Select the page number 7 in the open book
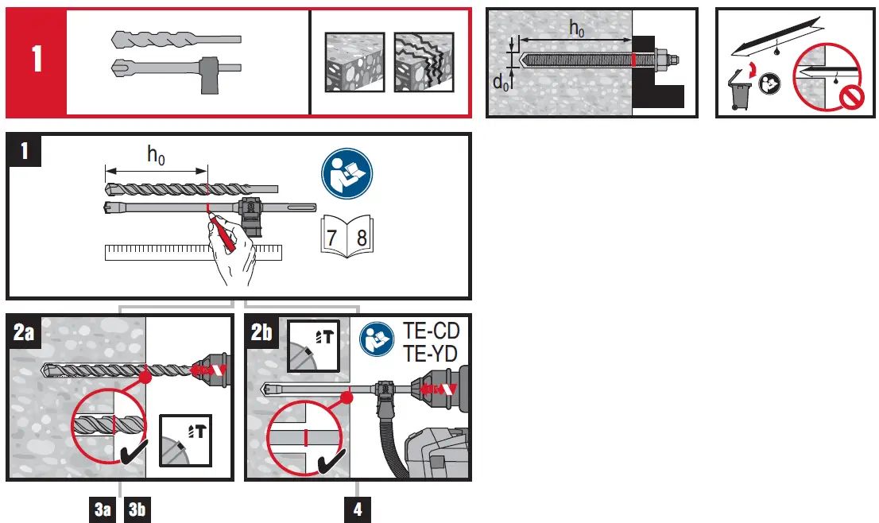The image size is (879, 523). (x=334, y=237)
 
